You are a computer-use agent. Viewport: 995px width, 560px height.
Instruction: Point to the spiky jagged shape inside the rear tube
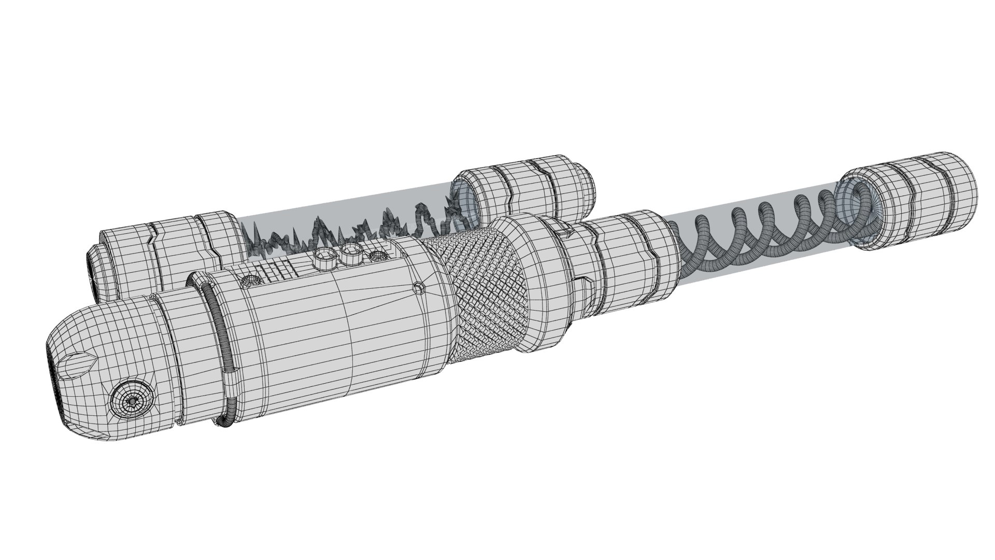pyautogui.click(x=352, y=231)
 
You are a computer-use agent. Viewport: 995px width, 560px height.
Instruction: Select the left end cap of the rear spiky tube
pyautogui.click(x=166, y=259)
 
